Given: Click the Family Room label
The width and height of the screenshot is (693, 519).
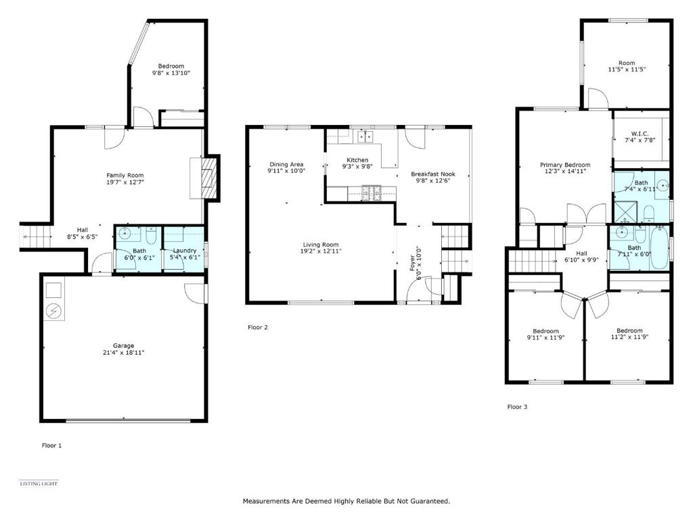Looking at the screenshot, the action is point(125,175).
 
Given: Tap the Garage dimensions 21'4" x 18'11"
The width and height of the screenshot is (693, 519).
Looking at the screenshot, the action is point(123,353).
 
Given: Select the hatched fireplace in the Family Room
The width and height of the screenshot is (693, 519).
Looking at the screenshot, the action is point(209,178).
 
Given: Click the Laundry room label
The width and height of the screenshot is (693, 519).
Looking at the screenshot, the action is point(184,251).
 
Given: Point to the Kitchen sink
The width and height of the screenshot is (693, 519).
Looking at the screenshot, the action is point(365,137).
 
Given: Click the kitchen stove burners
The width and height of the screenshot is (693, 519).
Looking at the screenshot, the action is point(372,193).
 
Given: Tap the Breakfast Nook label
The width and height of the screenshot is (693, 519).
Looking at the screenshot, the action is point(433,174).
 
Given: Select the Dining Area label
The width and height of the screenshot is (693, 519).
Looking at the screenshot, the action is point(286,164).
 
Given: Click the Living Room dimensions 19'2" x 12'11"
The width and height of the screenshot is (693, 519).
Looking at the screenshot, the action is point(321,251).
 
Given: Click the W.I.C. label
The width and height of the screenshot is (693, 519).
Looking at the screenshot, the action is point(640,133).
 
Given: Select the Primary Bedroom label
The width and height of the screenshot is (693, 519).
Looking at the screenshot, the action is point(565,165).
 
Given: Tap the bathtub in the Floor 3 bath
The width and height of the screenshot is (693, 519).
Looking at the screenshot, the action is point(659,247).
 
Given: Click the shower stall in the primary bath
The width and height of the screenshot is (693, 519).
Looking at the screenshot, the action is point(625,212).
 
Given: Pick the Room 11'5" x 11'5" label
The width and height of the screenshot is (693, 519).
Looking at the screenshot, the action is point(627,63).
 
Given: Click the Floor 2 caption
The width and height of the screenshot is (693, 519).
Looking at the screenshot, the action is point(258,327).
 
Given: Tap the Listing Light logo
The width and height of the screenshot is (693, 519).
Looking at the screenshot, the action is point(39,483).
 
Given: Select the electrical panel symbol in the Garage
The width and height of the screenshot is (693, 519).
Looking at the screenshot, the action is point(54,311).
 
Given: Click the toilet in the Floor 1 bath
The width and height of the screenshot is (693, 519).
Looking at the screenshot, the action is point(151,237).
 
